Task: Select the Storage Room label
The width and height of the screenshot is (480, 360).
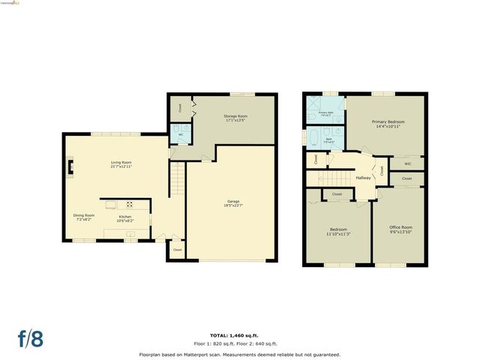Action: (x=235, y=118)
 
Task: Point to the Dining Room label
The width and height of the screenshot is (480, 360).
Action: (x=84, y=217)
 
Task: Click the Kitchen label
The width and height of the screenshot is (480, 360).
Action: (x=125, y=219)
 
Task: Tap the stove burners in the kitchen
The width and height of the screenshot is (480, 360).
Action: (x=129, y=204)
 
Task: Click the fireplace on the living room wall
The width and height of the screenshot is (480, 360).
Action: (x=70, y=168)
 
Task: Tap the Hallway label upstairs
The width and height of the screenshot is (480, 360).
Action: (x=363, y=178)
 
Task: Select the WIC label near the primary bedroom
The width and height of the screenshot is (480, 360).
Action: (x=407, y=163)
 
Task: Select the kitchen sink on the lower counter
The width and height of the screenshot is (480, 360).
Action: (x=129, y=235)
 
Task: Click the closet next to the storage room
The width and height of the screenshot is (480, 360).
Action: (x=180, y=107)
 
